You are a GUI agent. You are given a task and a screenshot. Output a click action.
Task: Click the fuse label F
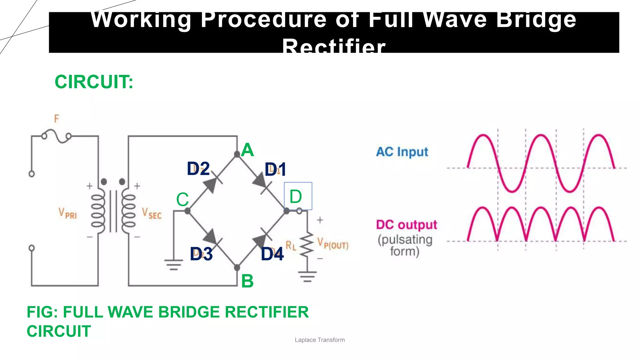(x=56, y=119)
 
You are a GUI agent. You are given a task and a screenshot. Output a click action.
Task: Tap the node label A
(x=247, y=150)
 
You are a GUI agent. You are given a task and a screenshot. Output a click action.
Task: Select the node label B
(x=247, y=281)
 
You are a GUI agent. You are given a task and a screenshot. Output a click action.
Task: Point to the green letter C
(x=182, y=199)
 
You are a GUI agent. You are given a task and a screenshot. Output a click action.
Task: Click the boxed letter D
(x=296, y=197)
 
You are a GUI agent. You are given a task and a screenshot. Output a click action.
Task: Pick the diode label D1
(x=275, y=170)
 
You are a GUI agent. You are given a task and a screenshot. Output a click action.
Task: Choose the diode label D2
(x=198, y=169)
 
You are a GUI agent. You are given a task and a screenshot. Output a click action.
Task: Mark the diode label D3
(x=201, y=254)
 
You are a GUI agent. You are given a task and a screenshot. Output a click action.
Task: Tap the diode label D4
(x=272, y=254)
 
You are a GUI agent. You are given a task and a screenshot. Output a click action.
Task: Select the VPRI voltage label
(x=67, y=213)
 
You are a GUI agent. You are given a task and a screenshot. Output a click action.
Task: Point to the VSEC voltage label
(x=152, y=213)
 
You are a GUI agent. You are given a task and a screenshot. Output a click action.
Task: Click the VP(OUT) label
(x=333, y=243)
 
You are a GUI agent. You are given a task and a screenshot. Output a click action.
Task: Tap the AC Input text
(x=402, y=152)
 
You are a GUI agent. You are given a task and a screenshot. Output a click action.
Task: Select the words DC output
(x=407, y=225)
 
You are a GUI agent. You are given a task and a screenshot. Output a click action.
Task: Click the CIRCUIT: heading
(x=94, y=82)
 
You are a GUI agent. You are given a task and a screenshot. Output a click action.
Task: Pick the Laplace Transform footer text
(x=320, y=340)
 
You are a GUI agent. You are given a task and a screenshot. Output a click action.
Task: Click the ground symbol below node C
(x=174, y=265)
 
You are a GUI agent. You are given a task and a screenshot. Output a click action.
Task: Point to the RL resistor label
(x=291, y=246)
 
